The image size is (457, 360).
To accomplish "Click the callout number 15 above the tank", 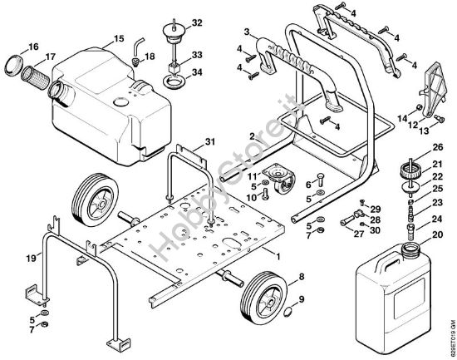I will coord(119,39).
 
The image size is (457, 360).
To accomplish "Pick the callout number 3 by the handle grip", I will coord(247,32).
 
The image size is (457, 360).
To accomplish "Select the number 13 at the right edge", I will coord(423,131).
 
